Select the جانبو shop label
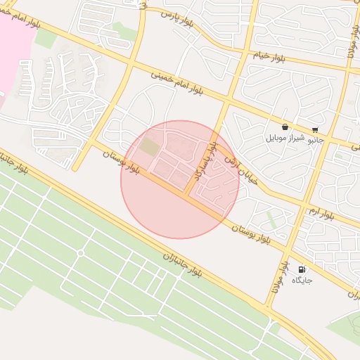(x=314, y=139)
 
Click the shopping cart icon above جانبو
(x=314, y=129)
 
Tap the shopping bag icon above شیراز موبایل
(x=284, y=127)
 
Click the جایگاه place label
(x=302, y=280)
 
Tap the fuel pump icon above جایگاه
(x=302, y=269)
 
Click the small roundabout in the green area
(x=81, y=252)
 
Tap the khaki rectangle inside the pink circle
(x=149, y=147)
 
